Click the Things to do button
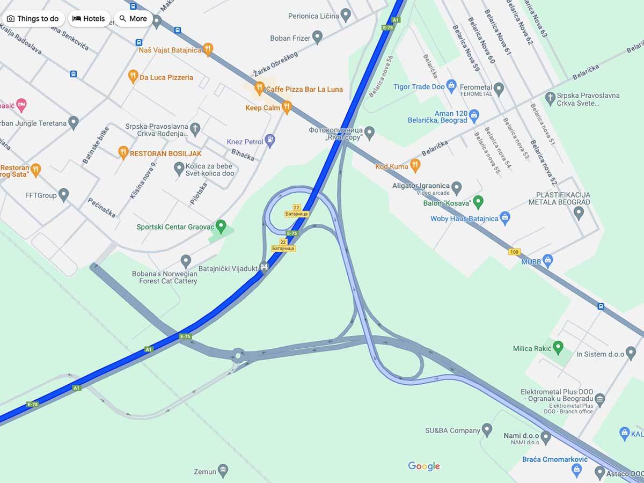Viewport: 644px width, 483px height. tap(33, 19)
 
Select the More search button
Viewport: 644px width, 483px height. tap(133, 19)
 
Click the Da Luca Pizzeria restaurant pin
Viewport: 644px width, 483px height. tap(133, 77)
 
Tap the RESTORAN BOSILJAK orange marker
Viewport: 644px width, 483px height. tap(123, 153)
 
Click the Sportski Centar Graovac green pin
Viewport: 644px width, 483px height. tap(221, 226)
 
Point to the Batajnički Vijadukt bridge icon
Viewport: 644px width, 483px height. tap(264, 267)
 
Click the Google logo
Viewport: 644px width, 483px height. tap(424, 466)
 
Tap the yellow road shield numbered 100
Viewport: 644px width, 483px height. tap(514, 252)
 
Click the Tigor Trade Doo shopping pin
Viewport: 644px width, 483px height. tap(451, 86)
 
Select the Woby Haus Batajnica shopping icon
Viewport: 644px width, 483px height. tap(504, 218)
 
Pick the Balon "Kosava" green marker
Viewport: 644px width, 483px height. tap(478, 202)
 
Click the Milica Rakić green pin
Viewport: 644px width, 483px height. tap(558, 348)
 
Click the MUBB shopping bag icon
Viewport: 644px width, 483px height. tap(547, 261)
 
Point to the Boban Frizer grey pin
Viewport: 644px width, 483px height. tap(317, 38)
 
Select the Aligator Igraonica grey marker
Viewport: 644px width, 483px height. tap(457, 188)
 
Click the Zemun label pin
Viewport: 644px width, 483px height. tap(223, 471)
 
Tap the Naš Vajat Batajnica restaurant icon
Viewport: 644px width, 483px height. tap(208, 50)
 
